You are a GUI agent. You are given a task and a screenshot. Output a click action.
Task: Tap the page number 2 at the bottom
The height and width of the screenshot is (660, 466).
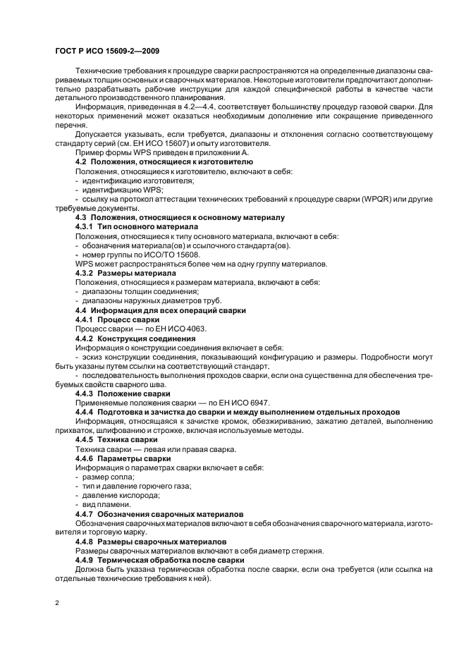tap(57, 604)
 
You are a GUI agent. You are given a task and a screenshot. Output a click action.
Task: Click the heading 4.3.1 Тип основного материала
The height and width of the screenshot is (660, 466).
tap(137, 227)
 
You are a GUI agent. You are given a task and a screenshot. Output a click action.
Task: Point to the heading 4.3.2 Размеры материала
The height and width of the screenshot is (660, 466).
tap(125, 272)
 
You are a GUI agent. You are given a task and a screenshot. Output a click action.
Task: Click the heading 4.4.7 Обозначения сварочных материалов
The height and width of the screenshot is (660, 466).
tap(159, 513)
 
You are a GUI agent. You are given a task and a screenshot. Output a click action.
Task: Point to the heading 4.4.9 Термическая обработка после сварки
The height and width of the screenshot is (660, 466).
tap(159, 559)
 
